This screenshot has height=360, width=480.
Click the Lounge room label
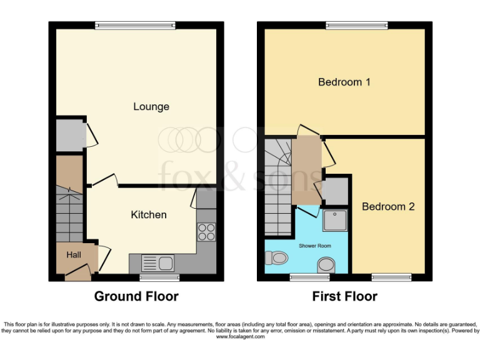pyautogui.click(x=151, y=107)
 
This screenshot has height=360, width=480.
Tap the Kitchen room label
pyautogui.click(x=149, y=215)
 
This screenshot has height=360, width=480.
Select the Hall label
pyautogui.click(x=74, y=255)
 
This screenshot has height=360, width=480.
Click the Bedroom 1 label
pyautogui.click(x=344, y=82)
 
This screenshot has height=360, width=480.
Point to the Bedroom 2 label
pyautogui.click(x=388, y=206)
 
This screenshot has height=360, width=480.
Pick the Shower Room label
pyautogui.click(x=315, y=246)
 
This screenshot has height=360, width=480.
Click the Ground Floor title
pyautogui.click(x=136, y=296)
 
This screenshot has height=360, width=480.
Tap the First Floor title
pyautogui.click(x=345, y=296)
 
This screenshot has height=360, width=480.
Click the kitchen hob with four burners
pyautogui.click(x=207, y=232)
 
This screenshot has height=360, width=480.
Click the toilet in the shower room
pyautogui.click(x=276, y=257)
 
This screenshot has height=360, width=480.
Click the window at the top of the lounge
pyautogui.click(x=136, y=25)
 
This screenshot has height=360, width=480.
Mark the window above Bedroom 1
pyautogui.click(x=357, y=25)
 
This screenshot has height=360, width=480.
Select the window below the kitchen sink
pyautogui.click(x=159, y=277)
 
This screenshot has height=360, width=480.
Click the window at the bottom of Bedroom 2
pyautogui.click(x=391, y=277)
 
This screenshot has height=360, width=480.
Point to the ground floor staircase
pyautogui.click(x=69, y=216)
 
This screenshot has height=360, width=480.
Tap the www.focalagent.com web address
pyautogui.click(x=240, y=337)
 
